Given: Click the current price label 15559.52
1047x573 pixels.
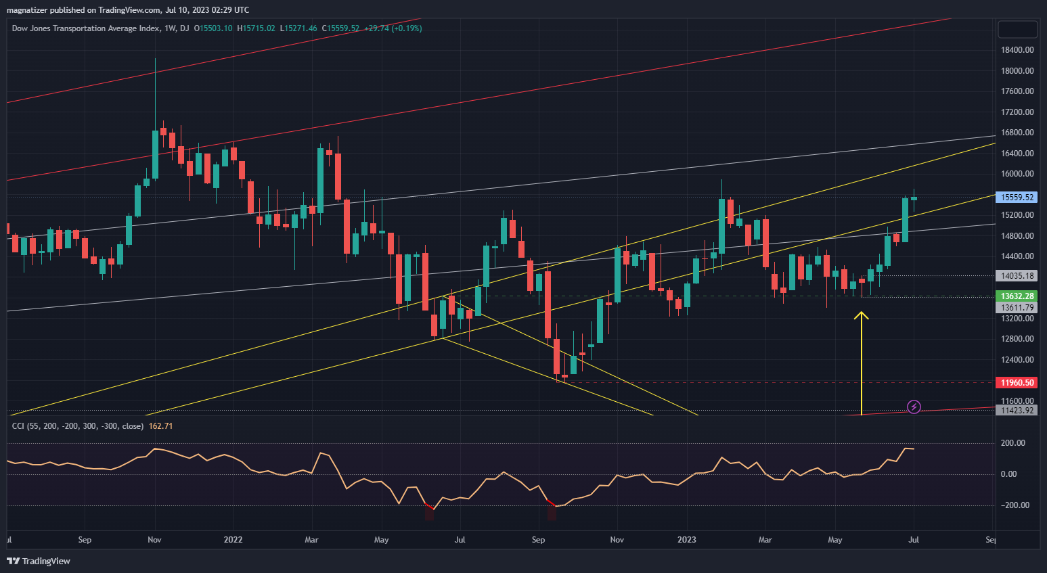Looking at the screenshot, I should tap(1017, 198).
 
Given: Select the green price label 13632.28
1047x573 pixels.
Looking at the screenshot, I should tap(1017, 296).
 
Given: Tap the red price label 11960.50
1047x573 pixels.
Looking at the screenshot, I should tap(1017, 383).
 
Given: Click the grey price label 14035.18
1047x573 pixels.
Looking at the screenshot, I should tap(1017, 276).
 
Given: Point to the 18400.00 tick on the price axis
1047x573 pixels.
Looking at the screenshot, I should tap(1017, 50).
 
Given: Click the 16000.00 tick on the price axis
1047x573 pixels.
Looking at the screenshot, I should tap(1017, 174).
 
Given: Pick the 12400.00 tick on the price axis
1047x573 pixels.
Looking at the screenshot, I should tap(1017, 360).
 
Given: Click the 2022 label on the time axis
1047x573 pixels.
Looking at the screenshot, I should tap(233, 540).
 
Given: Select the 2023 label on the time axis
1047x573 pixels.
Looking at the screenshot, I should tap(687, 540).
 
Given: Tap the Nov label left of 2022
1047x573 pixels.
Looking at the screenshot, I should tap(154, 540).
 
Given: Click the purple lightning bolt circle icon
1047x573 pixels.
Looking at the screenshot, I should tap(914, 407).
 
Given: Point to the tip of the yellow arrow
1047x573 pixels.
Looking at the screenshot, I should tap(862, 313).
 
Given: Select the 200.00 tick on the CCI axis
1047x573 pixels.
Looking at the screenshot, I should tap(1012, 443).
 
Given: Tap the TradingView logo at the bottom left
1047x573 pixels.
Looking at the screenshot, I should tap(39, 561).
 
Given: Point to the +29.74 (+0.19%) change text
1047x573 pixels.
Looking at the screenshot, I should tap(393, 28).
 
